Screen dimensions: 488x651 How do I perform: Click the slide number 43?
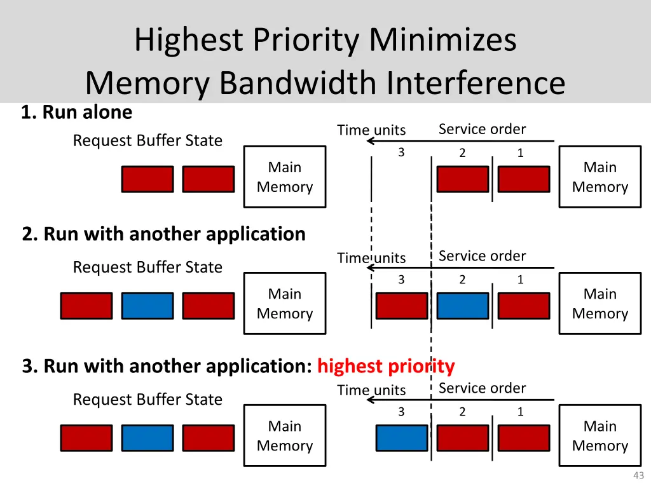click(638, 476)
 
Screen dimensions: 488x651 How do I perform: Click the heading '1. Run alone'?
click(76, 112)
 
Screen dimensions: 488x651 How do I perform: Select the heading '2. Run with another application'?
click(163, 234)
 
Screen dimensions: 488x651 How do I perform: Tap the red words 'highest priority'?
click(386, 366)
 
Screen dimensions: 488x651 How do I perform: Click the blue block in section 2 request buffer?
click(147, 306)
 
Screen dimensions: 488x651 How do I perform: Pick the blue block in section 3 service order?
click(402, 438)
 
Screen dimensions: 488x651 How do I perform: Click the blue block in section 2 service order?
click(463, 306)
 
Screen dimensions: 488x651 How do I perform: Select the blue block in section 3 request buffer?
click(147, 438)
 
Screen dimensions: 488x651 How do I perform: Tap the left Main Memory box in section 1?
click(285, 177)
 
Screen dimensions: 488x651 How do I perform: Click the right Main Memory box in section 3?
click(600, 436)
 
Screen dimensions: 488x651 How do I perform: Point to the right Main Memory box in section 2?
click(600, 304)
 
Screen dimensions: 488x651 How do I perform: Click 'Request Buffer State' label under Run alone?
click(147, 140)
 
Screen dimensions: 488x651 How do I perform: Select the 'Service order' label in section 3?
click(482, 388)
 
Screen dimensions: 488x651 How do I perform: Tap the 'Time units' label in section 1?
click(371, 130)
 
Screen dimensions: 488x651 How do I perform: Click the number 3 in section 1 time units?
click(401, 152)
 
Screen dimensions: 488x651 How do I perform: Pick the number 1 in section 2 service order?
click(520, 280)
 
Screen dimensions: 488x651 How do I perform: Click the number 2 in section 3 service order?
click(462, 412)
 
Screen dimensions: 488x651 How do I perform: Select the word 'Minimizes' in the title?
click(443, 40)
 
